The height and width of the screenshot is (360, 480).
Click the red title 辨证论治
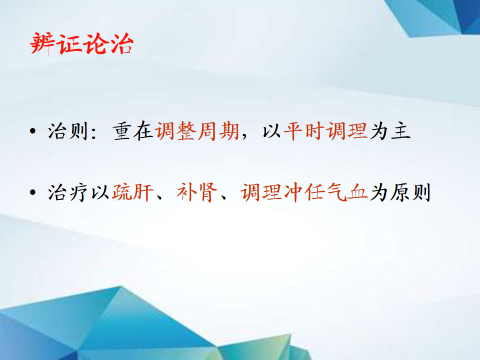81,43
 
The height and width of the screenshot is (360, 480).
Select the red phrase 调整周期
197,131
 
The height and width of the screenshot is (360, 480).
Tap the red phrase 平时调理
325,131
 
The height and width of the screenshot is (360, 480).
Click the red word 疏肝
132,192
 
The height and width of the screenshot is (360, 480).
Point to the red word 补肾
197,192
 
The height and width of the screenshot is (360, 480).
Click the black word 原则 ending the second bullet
410,192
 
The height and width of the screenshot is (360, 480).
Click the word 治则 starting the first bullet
68,131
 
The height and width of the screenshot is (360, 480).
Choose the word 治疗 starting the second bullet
68,192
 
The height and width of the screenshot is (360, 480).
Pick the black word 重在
133,131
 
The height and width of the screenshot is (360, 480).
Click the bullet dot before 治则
33,131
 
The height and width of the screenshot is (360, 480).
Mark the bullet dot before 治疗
33,192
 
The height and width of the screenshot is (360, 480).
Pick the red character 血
357,192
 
